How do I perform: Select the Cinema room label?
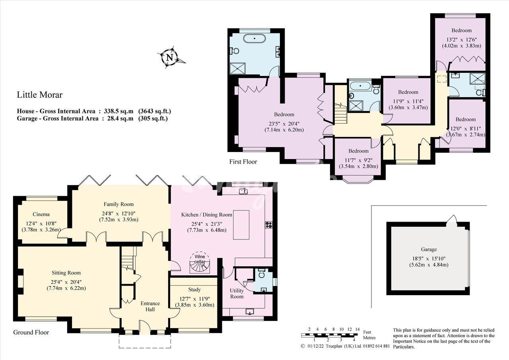click(x=41, y=214)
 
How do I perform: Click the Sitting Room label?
click(x=66, y=273)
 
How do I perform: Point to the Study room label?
click(x=194, y=290)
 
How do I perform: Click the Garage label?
click(x=429, y=249)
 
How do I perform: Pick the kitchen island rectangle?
click(x=241, y=225)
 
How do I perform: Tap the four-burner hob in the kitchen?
click(x=268, y=224)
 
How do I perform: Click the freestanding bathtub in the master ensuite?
click(x=254, y=39)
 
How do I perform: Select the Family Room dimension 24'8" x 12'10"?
click(x=119, y=214)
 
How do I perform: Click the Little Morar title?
click(x=40, y=95)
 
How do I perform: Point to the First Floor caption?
click(x=243, y=162)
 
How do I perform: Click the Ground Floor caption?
click(x=31, y=332)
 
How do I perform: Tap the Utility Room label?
click(x=237, y=294)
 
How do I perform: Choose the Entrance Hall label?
click(x=150, y=306)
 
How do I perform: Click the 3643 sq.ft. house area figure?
click(x=155, y=111)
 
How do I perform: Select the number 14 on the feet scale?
click(x=357, y=329)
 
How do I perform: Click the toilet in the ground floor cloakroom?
click(x=262, y=273)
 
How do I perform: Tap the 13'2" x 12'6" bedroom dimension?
click(x=462, y=39)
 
